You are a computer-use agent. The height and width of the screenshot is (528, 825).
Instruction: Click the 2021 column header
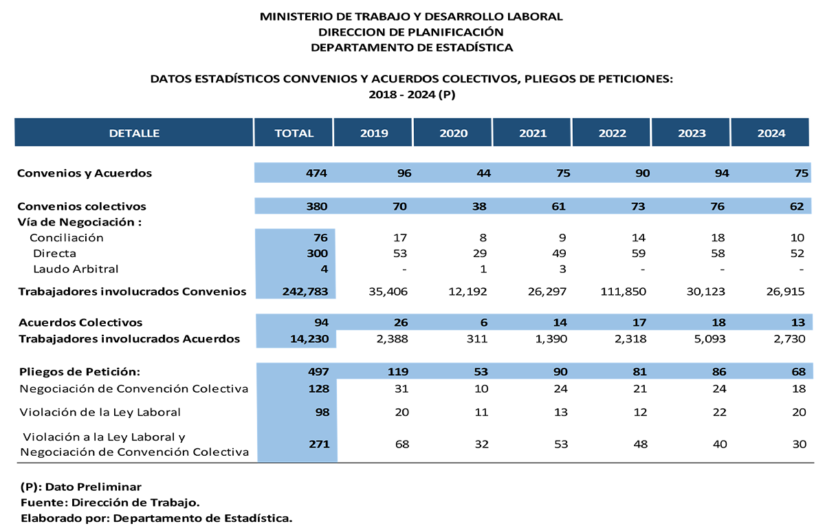tap(533, 133)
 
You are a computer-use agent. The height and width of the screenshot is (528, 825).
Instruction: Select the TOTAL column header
tap(294, 133)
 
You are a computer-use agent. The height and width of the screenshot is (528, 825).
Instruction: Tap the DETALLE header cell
tap(134, 133)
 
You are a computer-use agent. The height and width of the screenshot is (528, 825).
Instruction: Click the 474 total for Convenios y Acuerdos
tap(316, 173)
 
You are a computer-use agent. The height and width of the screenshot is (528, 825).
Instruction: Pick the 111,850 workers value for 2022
tap(623, 291)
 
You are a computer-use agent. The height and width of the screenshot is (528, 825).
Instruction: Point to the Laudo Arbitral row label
tap(76, 269)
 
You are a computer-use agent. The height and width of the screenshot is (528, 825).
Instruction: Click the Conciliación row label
tap(67, 238)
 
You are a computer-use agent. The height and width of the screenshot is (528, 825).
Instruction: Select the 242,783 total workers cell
tap(305, 291)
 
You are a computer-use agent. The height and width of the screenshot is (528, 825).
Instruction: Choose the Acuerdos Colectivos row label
tap(80, 322)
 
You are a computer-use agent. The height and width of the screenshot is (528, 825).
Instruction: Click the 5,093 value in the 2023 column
tap(710, 338)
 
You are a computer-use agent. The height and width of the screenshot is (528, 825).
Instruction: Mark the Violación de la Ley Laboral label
tap(100, 412)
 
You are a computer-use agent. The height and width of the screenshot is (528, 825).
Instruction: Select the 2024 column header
tap(771, 133)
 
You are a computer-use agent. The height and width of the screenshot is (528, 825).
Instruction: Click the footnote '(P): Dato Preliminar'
tap(81, 487)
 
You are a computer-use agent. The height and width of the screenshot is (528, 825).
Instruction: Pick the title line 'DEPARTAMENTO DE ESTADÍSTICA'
tap(412, 47)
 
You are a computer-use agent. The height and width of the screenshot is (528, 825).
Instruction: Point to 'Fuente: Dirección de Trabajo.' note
tap(110, 503)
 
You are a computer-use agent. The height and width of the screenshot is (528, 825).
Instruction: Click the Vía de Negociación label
tap(80, 222)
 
